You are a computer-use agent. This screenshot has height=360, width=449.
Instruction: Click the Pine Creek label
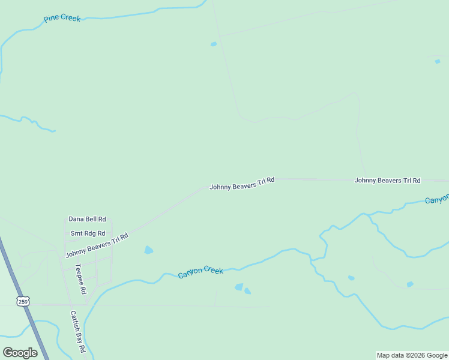[x=62, y=19]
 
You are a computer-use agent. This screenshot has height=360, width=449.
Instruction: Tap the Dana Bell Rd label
[x=87, y=220]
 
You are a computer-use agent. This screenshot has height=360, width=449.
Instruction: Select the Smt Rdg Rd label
[x=88, y=233]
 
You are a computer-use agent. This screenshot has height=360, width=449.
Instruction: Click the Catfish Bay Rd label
[x=77, y=331]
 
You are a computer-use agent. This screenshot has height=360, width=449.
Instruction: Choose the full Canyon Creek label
[x=200, y=272]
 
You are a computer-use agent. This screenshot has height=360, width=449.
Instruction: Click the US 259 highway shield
[x=22, y=301]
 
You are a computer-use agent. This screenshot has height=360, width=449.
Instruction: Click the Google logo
[x=20, y=353]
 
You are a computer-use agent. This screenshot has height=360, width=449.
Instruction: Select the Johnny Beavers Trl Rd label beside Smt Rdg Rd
[x=97, y=245]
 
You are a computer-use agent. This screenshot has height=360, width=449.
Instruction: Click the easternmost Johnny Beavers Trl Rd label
[x=387, y=180]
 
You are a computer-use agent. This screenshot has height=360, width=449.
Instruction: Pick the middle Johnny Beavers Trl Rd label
[x=242, y=184]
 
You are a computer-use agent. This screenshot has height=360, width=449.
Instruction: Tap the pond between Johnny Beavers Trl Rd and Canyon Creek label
[x=148, y=250]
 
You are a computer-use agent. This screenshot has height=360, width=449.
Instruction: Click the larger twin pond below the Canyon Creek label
[x=239, y=287]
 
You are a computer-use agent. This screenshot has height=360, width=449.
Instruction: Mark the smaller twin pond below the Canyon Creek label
[x=247, y=292]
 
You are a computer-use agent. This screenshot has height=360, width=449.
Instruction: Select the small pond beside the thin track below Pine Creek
[x=213, y=44]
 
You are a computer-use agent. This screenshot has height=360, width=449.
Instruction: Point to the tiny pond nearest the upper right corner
[x=437, y=61]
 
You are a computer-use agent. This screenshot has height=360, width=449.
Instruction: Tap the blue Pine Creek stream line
[x=120, y=17]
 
